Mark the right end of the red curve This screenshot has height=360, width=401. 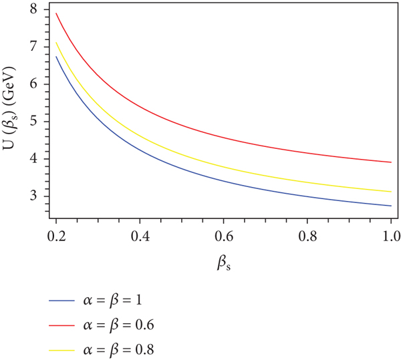(390, 162)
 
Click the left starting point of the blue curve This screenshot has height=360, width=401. (57, 55)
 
